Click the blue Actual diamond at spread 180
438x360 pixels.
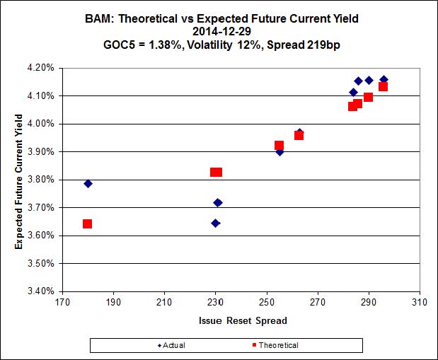point(88,184)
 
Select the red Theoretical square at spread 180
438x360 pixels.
point(88,224)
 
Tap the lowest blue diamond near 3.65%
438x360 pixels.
point(215,223)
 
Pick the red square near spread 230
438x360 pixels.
point(216,172)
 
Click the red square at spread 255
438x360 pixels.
point(279,146)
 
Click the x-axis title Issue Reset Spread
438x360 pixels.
point(241,321)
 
